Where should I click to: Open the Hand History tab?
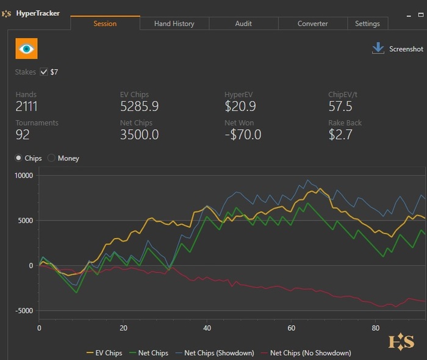(174, 24)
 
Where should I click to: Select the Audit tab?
(243, 24)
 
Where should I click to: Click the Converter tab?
(312, 24)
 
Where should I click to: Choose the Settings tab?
(367, 24)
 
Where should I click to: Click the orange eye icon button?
(26, 48)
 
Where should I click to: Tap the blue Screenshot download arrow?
(378, 48)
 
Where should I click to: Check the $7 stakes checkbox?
(44, 72)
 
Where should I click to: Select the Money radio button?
(51, 158)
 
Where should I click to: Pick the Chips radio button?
(19, 158)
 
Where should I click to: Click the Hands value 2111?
(27, 107)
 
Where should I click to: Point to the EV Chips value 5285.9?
(139, 107)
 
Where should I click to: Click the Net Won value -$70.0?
(243, 135)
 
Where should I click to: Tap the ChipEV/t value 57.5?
(340, 107)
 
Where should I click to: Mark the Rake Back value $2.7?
(340, 135)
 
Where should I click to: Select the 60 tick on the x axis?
(291, 328)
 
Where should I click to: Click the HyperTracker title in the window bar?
(38, 13)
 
